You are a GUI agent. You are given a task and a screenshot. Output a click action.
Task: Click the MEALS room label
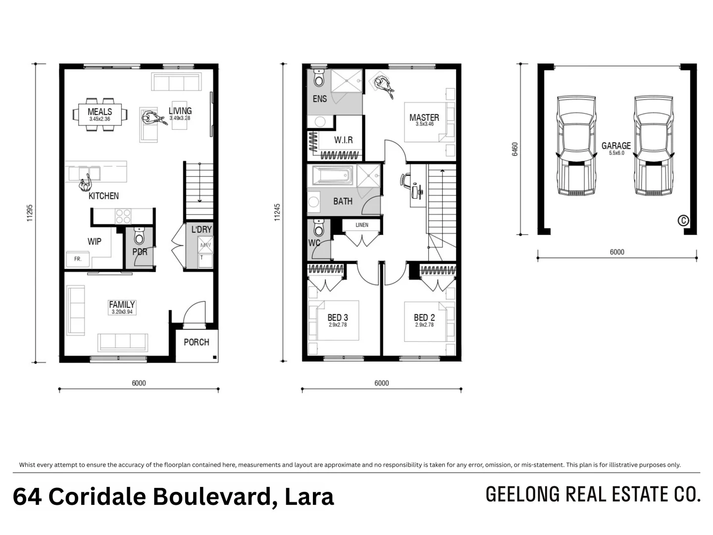100,111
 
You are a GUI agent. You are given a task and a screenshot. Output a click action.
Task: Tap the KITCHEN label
103,196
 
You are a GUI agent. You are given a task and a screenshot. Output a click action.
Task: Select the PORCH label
196,342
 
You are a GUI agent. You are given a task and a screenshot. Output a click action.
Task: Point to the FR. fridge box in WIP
78,259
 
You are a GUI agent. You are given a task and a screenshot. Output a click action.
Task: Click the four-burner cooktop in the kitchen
123,215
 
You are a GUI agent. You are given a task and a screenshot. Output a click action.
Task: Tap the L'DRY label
202,230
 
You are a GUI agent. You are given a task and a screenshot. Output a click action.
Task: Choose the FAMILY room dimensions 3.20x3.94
122,312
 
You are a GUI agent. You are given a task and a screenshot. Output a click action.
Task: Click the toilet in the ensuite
319,79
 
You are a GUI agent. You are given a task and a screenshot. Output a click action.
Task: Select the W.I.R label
343,140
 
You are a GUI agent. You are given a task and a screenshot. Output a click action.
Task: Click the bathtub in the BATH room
331,175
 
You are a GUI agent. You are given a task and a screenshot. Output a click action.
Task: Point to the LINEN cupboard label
362,225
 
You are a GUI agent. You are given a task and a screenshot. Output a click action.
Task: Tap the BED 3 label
338,318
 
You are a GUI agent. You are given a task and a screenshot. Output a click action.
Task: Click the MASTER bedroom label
424,117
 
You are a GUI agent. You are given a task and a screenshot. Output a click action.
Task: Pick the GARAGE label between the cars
616,146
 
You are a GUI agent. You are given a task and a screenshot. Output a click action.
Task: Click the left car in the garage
575,145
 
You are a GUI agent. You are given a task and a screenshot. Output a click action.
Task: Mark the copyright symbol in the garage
683,220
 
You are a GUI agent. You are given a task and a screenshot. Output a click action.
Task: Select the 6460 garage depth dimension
514,150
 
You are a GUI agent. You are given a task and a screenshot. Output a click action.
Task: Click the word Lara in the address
309,496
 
